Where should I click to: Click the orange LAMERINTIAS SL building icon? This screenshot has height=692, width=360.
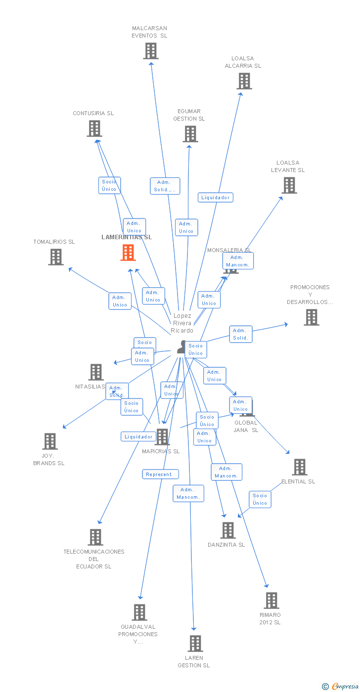tap(128, 253)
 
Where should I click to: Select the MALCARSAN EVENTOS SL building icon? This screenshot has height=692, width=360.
tap(151, 51)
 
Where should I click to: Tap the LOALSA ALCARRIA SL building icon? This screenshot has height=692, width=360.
tap(244, 81)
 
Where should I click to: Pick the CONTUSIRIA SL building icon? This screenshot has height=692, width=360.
tap(94, 129)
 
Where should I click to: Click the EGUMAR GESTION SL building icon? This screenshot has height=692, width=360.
tap(190, 134)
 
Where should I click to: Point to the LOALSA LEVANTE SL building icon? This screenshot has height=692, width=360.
tap(289, 185)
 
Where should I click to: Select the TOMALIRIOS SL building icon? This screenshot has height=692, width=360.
tap(56, 257)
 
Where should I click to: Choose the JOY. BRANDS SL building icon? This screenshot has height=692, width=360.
tap(50, 441)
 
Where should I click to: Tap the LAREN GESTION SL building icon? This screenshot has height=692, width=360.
tap(195, 644)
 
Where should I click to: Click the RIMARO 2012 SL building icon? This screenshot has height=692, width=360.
tap(271, 601)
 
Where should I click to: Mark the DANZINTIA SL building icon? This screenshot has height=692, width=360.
tap(227, 530)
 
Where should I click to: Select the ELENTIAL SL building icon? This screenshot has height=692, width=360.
tap(299, 467)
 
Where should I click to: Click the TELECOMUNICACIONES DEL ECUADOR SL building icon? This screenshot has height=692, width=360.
tap(95, 537)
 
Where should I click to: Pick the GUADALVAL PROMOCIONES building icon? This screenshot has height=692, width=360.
tap(139, 612)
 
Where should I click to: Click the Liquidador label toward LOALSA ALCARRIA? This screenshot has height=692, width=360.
tap(216, 198)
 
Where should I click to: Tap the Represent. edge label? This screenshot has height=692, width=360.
tap(160, 475)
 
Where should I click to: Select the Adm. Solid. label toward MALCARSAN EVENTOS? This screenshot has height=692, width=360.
tap(165, 186)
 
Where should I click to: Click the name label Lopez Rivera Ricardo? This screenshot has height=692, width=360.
tap(182, 323)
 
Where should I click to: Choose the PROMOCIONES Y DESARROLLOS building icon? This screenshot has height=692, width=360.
tap(311, 317)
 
